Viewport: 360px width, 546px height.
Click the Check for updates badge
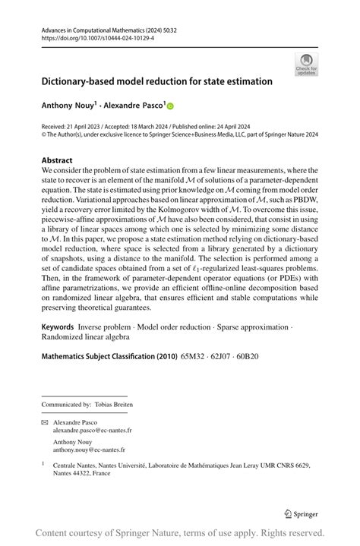[305, 65]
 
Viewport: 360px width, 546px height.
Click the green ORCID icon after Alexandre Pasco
[170, 106]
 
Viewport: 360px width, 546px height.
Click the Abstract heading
[57, 161]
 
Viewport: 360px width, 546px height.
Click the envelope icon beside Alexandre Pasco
[44, 421]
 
